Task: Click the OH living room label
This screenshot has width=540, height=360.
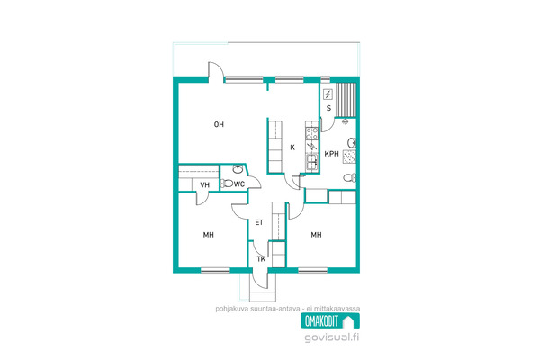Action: coord(219,124)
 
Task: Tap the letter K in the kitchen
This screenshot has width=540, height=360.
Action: coord(292,148)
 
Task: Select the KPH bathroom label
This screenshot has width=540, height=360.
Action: coord(331,154)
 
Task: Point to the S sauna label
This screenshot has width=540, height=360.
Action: coord(328,108)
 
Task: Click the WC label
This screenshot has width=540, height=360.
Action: coord(239,184)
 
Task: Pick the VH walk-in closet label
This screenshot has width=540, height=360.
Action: coord(205,185)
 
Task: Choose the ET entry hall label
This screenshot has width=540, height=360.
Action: coord(259,222)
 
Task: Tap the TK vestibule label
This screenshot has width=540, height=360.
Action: coord(261,259)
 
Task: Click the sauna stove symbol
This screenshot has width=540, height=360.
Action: coord(328,94)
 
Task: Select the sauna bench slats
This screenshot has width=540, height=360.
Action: coord(346,99)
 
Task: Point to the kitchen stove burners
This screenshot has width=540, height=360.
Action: coord(312,134)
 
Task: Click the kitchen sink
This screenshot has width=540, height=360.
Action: coord(312,162)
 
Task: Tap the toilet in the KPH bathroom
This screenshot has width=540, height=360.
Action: coord(349,178)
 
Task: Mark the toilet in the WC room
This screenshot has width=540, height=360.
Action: coord(227,184)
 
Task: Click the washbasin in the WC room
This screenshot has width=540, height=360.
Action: coord(238,169)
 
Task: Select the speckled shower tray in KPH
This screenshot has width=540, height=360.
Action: coord(349,157)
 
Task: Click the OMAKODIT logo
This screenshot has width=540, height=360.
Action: coord(330,321)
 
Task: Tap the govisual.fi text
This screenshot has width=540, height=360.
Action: coord(331,337)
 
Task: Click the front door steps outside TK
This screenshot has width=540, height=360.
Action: coord(263,295)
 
